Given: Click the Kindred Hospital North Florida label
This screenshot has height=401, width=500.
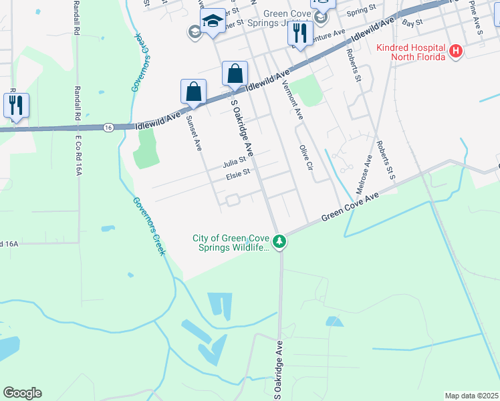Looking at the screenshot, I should tap(410, 52).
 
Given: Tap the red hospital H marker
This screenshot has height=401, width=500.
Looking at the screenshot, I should tap(456, 51).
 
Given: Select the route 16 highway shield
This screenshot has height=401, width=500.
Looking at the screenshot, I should tap(108, 127).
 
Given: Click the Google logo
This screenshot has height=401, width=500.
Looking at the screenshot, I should tap(22, 393).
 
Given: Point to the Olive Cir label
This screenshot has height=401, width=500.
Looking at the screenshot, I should tap(306, 158).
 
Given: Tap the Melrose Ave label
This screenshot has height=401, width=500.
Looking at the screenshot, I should tap(368, 170).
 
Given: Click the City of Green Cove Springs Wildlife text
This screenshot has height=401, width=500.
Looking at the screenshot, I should tap(232, 243).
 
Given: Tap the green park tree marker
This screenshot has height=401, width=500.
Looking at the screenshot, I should tap(282, 241).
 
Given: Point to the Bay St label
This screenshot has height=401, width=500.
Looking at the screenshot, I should tap(413, 23).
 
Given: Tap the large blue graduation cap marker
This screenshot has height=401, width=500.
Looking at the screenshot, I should tap(213, 21).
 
